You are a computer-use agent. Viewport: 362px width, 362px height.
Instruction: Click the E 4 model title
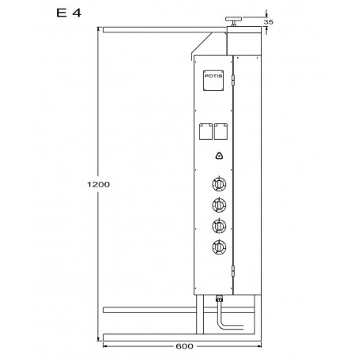point(69,13)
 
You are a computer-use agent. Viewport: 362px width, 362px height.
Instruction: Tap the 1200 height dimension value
point(98,184)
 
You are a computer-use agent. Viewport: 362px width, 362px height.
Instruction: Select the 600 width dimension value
point(184,346)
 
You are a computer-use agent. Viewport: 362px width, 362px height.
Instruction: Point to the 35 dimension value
point(269,22)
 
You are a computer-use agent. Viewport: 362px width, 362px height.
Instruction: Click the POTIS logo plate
point(213,81)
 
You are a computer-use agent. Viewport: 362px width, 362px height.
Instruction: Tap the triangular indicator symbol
point(219,156)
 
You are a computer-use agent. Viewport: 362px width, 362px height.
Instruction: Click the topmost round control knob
point(219,184)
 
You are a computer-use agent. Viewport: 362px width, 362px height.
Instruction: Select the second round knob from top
point(219,205)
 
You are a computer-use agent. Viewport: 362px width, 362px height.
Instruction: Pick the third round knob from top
point(219,226)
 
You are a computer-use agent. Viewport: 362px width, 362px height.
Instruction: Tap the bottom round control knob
point(219,247)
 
